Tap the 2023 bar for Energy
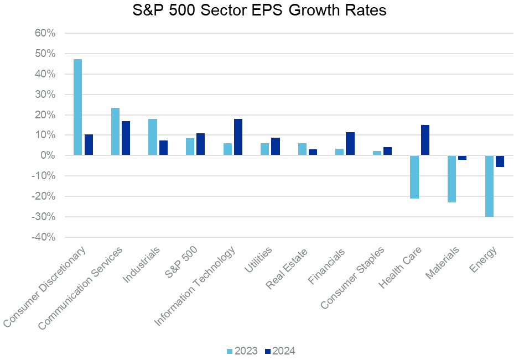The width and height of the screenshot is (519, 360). point(489,186)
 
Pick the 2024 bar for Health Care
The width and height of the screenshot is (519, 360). point(425,140)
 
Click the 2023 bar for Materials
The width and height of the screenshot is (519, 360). point(451,179)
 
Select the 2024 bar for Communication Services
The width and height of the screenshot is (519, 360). point(126,138)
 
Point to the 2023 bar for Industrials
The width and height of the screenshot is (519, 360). point(153,137)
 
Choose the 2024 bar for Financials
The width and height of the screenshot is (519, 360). point(350,144)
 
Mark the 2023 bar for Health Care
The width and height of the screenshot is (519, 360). point(414,177)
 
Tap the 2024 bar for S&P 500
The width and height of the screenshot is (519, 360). point(201,144)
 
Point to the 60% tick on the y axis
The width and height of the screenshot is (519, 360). point(44,33)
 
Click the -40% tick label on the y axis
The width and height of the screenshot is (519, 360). point(42,237)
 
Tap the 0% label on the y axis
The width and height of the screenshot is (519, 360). point(47,155)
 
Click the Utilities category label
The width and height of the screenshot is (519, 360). point(258,260)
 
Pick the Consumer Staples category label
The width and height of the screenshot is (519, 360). point(355,277)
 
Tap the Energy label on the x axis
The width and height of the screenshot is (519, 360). point(484,259)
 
